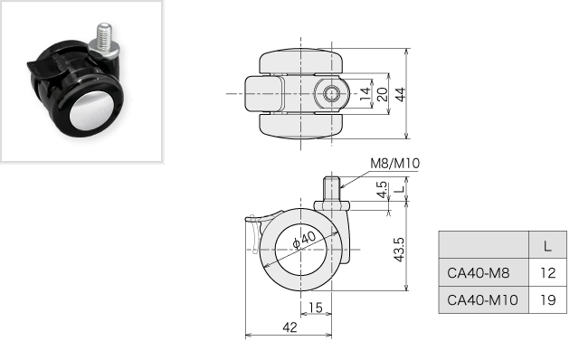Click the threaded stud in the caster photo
[105, 35]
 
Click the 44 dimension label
[400, 94]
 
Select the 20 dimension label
[383, 94]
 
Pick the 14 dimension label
[365, 94]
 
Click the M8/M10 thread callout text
[394, 163]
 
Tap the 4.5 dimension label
[383, 189]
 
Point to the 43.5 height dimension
[400, 250]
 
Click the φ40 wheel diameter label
[304, 240]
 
